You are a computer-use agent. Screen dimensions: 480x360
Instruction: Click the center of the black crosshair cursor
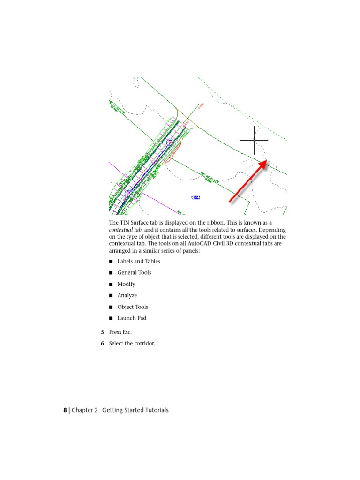254,140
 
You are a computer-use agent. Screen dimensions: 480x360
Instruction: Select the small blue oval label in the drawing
196,197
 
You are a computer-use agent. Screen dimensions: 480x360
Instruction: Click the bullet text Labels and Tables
138,261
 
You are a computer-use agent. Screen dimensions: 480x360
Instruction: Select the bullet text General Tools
134,272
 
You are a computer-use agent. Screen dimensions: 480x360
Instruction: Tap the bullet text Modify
126,284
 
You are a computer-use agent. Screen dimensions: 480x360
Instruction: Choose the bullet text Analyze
127,295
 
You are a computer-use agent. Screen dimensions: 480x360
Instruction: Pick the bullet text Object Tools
133,307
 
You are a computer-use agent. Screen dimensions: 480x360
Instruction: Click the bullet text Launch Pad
132,318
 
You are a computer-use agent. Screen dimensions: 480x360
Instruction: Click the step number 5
102,332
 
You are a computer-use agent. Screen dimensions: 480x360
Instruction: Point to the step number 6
102,343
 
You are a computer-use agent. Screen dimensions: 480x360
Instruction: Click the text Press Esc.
120,332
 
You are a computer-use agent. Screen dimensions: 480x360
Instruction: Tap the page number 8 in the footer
66,410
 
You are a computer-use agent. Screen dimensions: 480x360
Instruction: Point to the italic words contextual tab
126,230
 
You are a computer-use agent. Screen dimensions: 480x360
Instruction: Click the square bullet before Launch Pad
111,318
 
